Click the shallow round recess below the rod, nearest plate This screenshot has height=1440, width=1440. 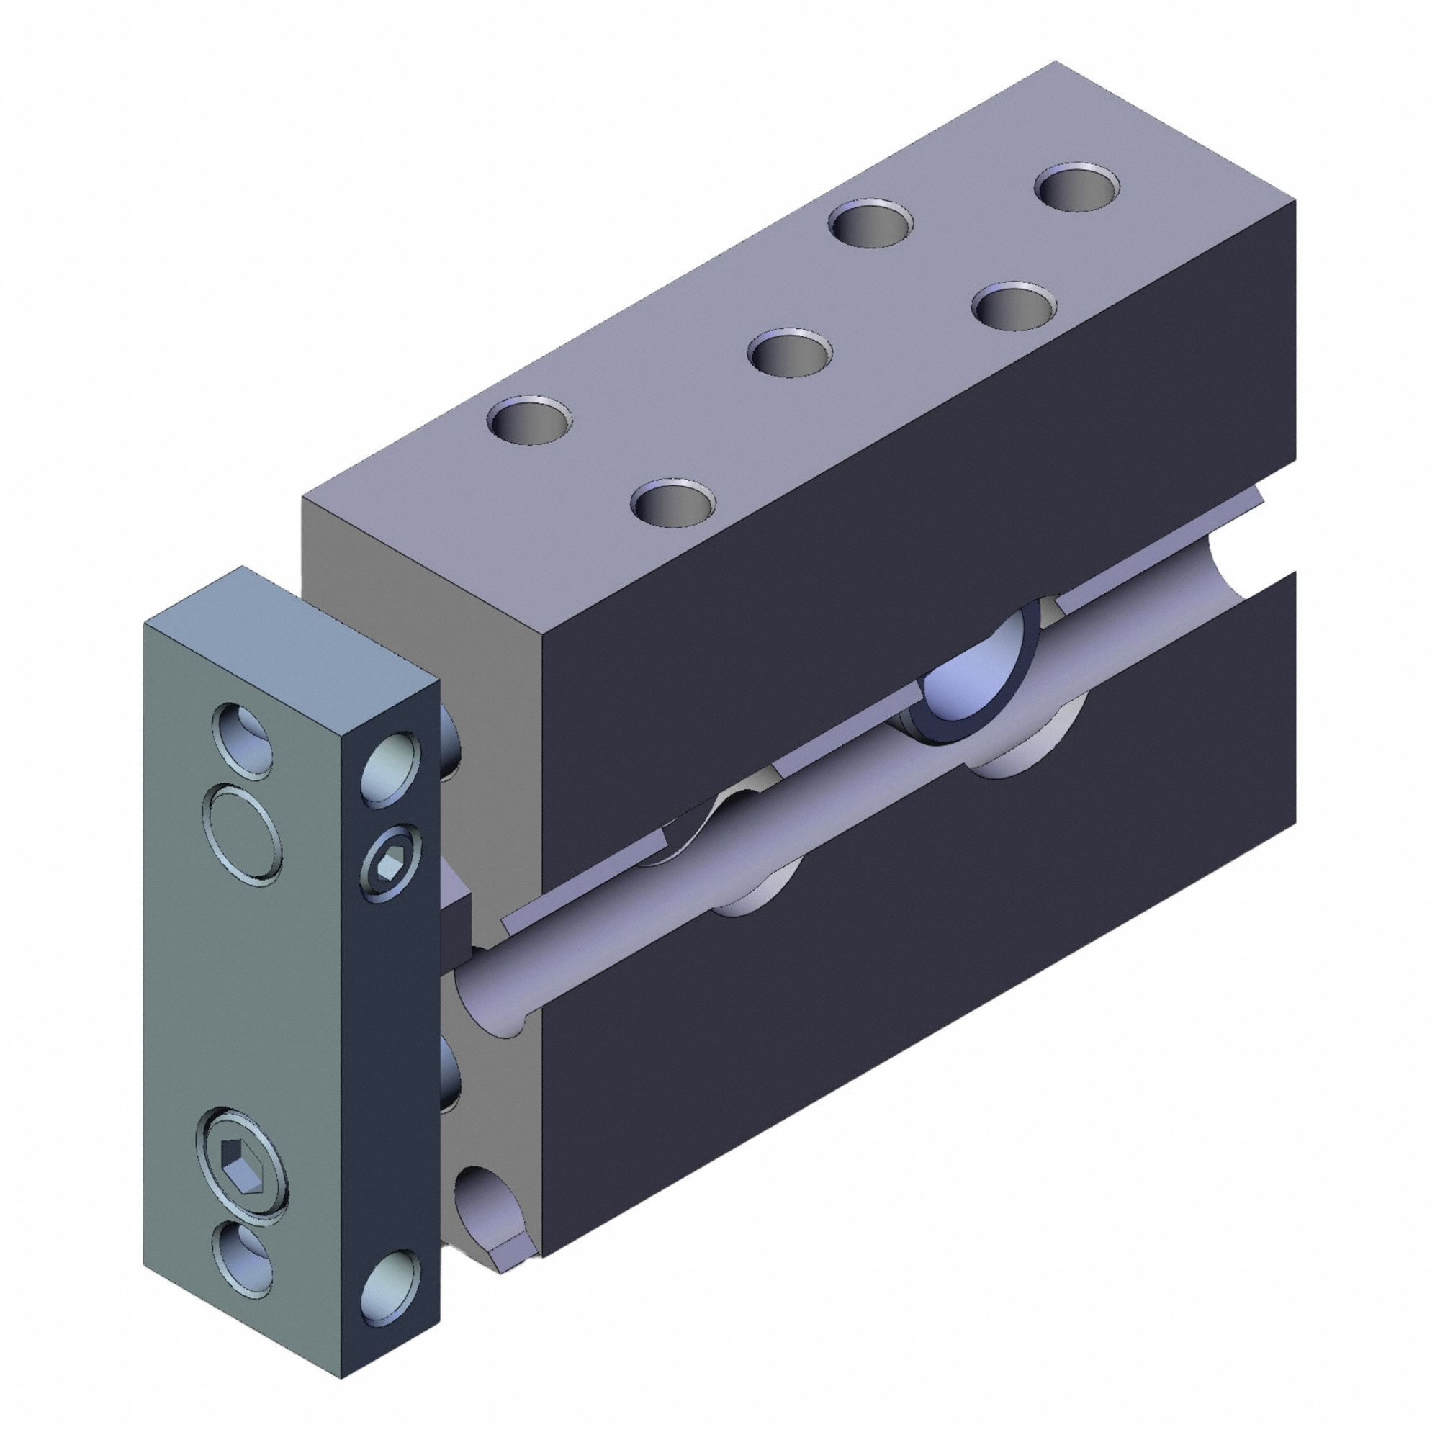pyautogui.click(x=753, y=898)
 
